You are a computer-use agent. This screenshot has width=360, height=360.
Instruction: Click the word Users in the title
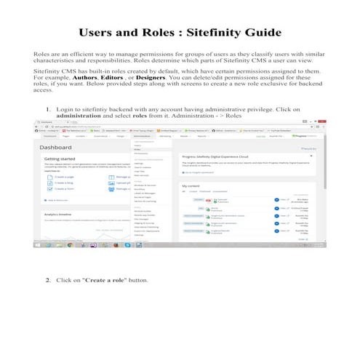(x=100, y=33)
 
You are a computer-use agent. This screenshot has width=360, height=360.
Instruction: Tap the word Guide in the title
(x=263, y=33)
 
